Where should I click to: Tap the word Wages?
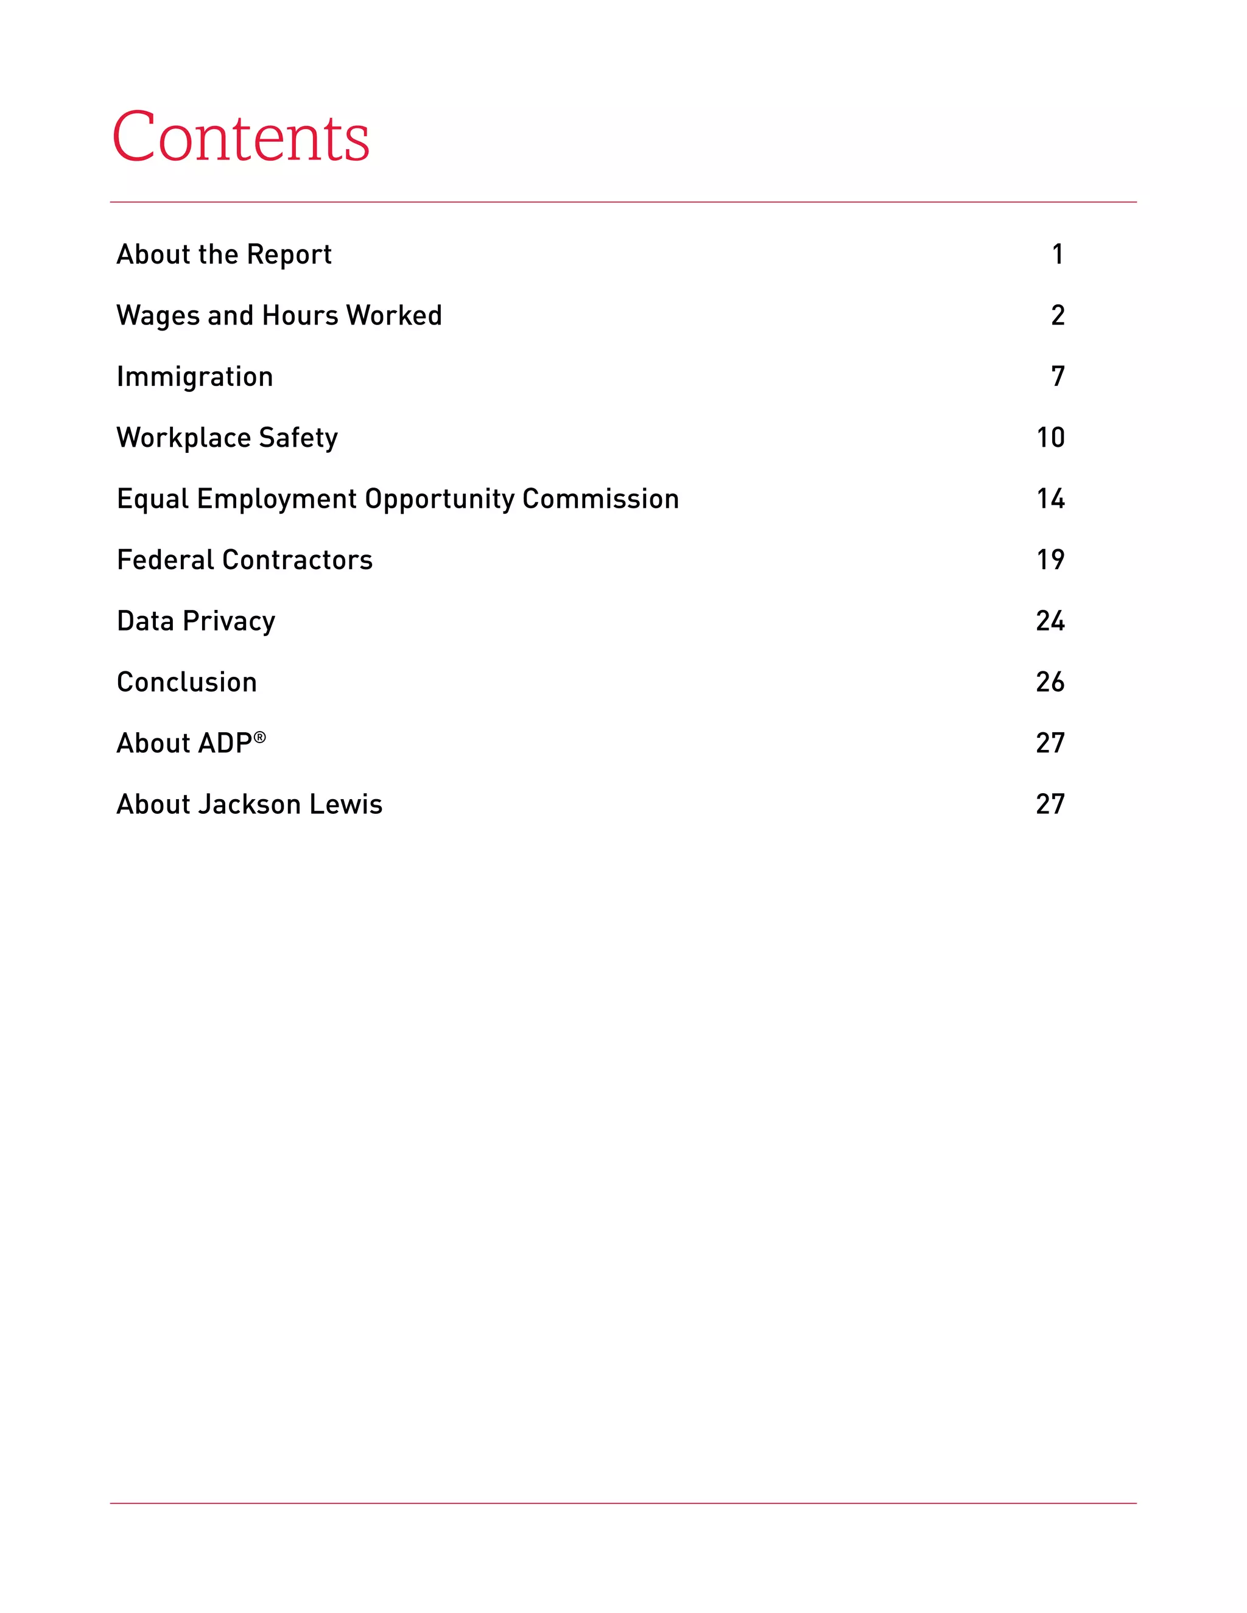click(158, 316)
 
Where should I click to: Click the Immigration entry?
click(195, 377)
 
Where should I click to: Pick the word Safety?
click(298, 438)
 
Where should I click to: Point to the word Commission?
click(600, 499)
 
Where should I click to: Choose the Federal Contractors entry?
click(245, 560)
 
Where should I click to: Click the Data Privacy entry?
click(196, 621)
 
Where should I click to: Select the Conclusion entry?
click(187, 682)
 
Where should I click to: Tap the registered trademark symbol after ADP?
click(260, 737)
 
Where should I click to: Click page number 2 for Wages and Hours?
click(1058, 316)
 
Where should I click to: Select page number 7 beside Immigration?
click(1058, 377)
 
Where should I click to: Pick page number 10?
click(1050, 438)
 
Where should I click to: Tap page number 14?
click(1050, 499)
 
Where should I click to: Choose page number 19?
click(1050, 560)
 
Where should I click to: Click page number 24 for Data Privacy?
click(1050, 621)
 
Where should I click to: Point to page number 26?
click(1050, 682)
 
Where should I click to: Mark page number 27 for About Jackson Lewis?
click(1050, 804)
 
